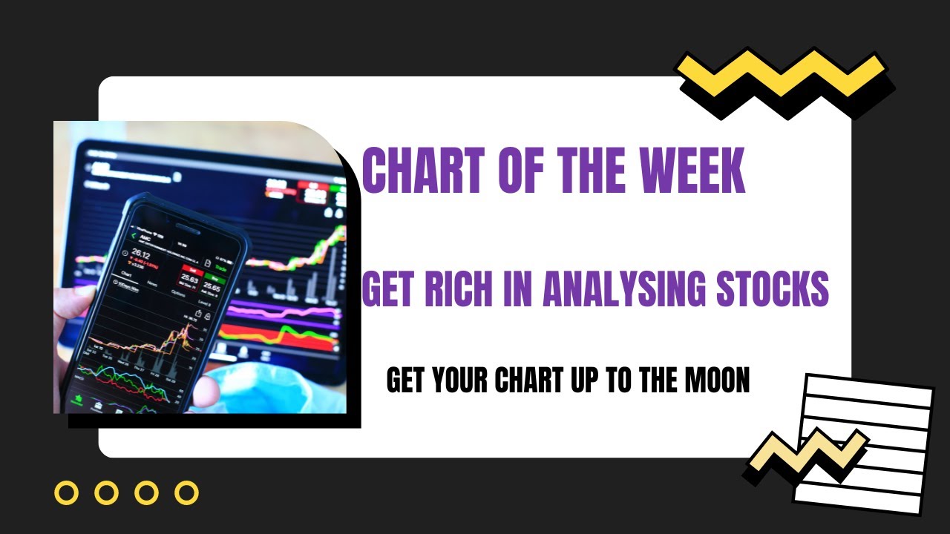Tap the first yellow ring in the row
[67, 492]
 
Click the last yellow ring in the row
[186, 492]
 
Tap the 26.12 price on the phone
[142, 254]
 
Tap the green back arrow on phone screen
[134, 236]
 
